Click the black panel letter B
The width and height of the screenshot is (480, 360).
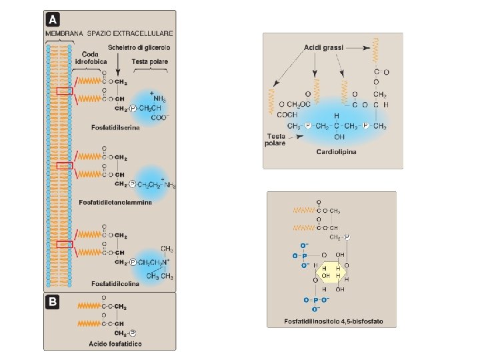[52, 301]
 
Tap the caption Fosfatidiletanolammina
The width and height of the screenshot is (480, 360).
[115, 201]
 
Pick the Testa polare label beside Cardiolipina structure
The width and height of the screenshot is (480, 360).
[275, 138]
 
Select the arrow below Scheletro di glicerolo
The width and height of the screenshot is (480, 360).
[118, 64]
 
